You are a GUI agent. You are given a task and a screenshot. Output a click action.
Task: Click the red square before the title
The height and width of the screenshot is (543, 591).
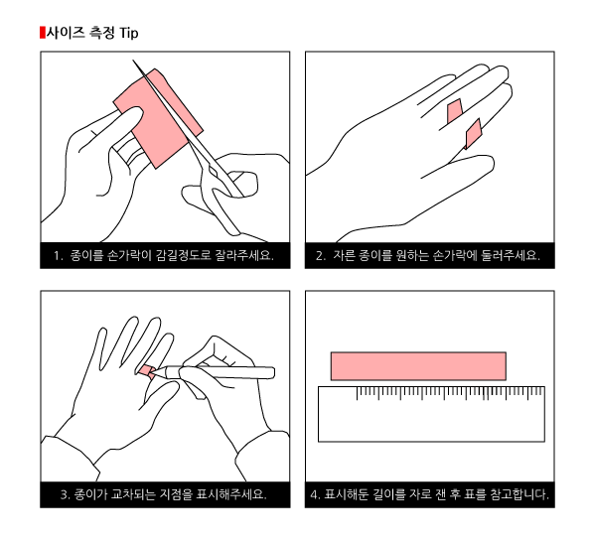42,33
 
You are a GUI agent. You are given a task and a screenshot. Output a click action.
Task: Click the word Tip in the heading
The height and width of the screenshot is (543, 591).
129,33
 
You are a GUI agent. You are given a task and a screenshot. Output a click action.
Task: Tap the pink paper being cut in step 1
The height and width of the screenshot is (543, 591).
158,118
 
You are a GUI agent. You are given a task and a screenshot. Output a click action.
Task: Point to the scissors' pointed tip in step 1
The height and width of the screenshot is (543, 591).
133,61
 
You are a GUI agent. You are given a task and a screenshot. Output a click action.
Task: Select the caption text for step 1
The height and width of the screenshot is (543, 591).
164,256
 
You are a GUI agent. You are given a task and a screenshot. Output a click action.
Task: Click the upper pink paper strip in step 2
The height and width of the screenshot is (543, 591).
455,111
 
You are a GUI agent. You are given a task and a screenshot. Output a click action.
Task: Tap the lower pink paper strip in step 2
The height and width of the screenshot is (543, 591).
474,134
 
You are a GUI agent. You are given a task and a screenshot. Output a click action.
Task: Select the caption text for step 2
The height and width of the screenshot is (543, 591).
428,256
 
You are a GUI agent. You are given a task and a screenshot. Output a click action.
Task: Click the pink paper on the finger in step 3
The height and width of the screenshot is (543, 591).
146,371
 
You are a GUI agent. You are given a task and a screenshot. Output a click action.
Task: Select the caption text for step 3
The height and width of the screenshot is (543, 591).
164,494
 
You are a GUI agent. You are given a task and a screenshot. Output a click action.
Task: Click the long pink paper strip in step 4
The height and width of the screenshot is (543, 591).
418,366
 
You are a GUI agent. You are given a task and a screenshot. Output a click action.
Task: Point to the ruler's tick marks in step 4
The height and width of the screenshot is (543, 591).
450,393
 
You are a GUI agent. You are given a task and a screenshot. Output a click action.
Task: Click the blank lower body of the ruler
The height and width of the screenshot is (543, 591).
431,421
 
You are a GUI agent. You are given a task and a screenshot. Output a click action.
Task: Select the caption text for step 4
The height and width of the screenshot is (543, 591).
430,494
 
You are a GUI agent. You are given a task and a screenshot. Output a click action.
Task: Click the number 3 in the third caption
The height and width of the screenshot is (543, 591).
64,494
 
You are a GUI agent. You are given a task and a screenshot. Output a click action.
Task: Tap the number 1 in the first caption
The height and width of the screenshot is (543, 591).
57,256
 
